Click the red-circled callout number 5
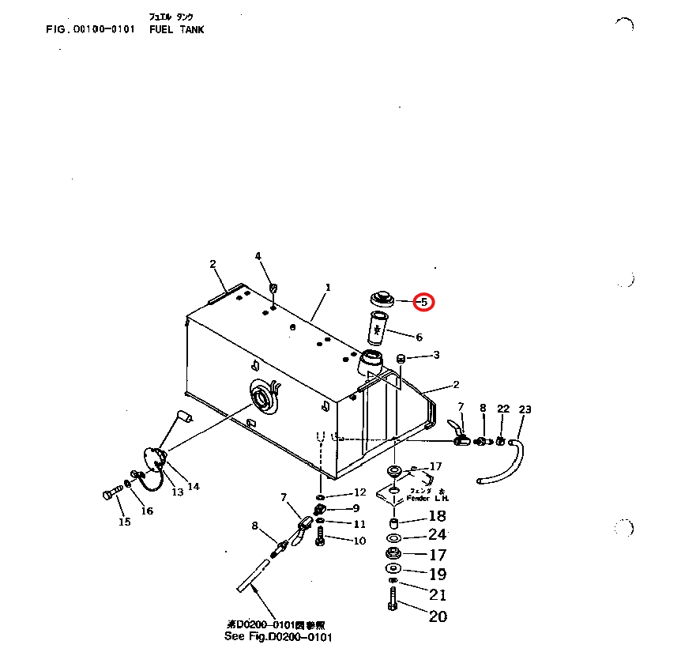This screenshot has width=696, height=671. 424,301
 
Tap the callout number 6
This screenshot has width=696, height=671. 419,337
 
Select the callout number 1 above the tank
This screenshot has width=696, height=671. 328,287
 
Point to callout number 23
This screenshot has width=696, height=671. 525,409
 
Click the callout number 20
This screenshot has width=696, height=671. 438,616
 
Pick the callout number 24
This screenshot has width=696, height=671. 438,534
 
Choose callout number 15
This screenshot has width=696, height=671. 124,521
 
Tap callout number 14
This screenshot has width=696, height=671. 193,486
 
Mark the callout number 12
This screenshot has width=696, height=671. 359,492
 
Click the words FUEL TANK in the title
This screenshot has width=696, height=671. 176,29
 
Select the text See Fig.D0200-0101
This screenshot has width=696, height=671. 278,636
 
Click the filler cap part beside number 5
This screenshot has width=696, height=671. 382,299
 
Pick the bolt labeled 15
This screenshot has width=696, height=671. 110,496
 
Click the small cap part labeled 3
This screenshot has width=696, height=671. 400,359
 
